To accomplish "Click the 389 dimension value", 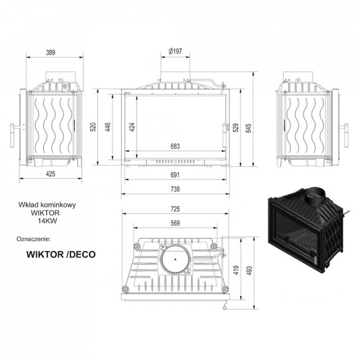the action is click(50, 53).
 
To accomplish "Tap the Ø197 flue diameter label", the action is click(175, 51).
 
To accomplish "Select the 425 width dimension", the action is click(50, 174).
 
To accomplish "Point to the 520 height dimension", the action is click(94, 127).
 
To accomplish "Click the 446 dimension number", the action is click(108, 127).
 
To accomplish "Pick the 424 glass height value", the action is click(132, 127).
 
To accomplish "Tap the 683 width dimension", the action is click(175, 146).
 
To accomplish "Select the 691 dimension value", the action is click(175, 175).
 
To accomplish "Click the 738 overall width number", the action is click(175, 189).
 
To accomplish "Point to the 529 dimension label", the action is click(236, 128).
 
